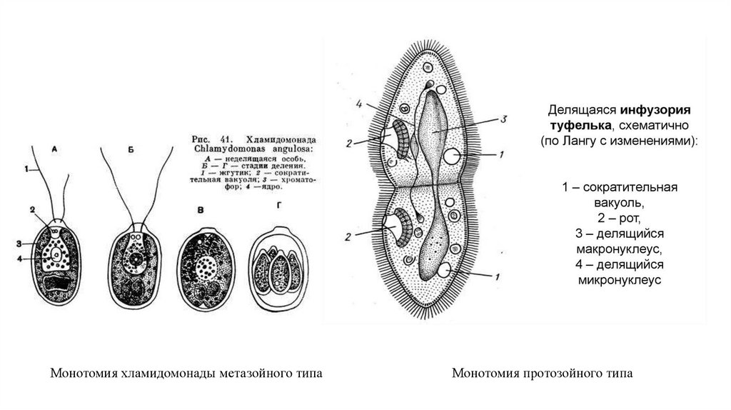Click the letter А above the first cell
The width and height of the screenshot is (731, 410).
pyautogui.click(x=55, y=151)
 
